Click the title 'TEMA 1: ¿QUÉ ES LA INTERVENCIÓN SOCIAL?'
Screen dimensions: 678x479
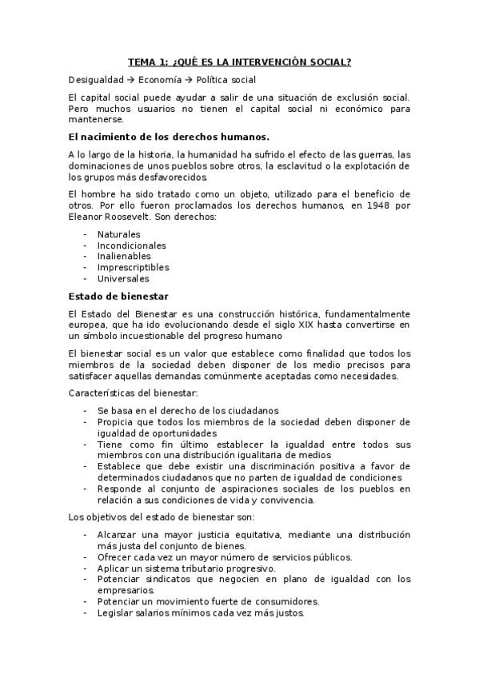point(239,61)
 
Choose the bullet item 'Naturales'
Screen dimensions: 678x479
point(118,234)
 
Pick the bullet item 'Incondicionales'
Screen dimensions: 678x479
point(131,245)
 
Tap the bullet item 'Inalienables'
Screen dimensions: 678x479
point(124,257)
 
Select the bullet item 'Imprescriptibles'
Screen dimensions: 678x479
point(133,268)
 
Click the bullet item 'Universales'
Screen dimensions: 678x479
point(123,279)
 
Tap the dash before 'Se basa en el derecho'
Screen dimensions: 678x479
point(86,410)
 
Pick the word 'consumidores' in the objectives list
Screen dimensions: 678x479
point(285,601)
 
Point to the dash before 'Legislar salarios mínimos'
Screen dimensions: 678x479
point(86,612)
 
